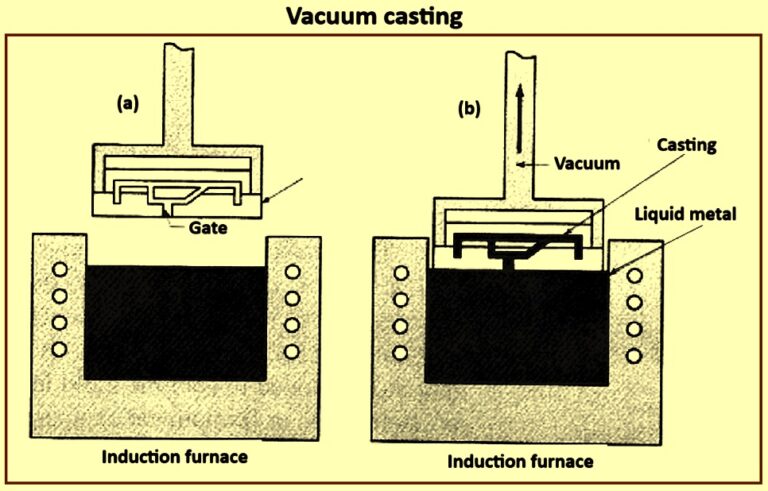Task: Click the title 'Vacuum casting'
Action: [x=383, y=17]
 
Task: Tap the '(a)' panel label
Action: [x=129, y=102]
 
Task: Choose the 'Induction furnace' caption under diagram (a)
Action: [x=177, y=458]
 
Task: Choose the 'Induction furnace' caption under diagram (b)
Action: [x=519, y=461]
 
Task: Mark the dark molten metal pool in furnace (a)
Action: [x=176, y=321]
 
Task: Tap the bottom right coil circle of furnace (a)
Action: [x=292, y=351]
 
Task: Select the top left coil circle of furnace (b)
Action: [x=402, y=274]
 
